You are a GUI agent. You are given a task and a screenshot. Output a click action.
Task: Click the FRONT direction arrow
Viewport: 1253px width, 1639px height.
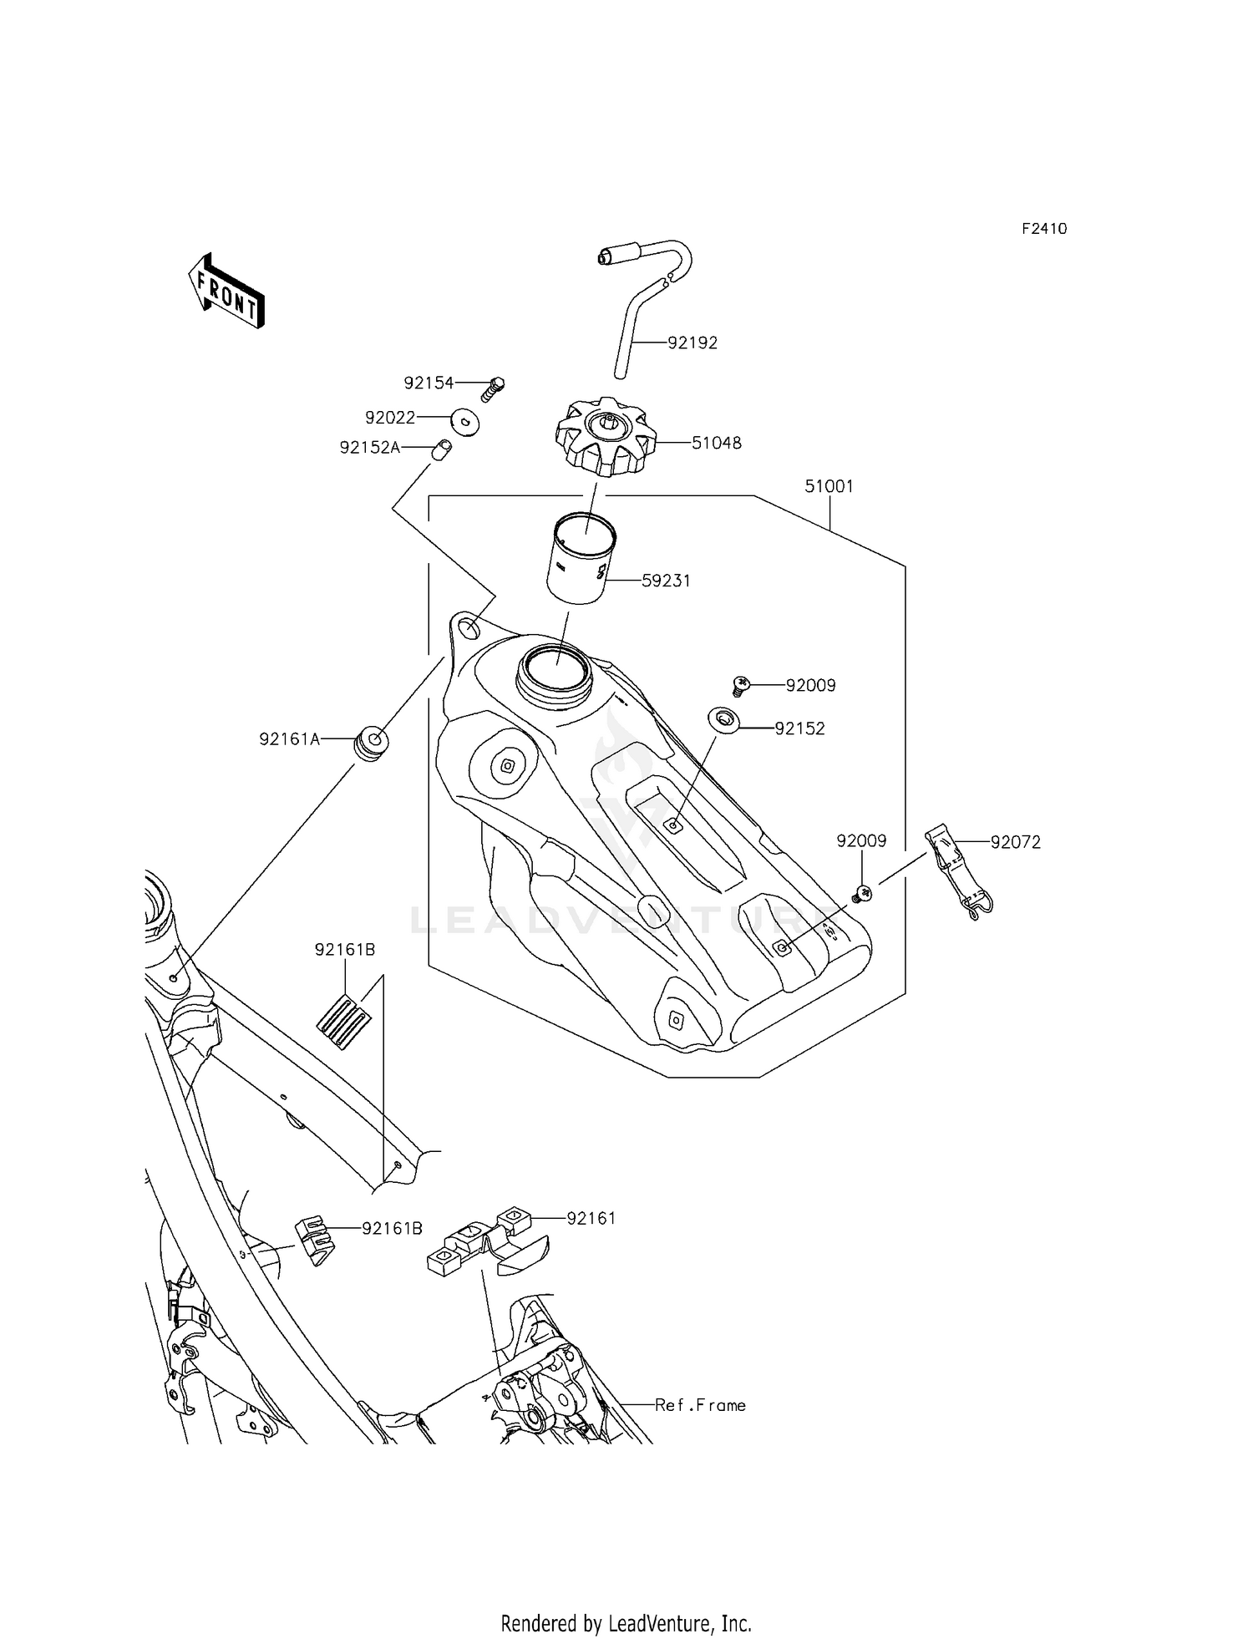(226, 290)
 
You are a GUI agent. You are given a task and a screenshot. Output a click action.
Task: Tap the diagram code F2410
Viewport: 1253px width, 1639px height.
(1043, 229)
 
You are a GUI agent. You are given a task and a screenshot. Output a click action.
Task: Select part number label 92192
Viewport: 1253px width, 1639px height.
(692, 343)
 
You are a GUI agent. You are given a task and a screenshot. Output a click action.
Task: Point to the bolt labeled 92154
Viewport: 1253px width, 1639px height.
(493, 388)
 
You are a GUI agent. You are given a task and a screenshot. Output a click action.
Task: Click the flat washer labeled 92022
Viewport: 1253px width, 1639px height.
(465, 421)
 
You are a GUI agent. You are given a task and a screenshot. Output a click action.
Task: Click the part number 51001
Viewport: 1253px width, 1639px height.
(829, 486)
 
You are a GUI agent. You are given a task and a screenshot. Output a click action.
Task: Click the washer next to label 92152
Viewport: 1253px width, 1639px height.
(723, 718)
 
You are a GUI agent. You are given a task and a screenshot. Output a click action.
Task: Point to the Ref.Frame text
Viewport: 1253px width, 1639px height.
(700, 1405)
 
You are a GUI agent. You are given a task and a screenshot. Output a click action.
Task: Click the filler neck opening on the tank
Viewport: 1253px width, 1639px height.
(555, 670)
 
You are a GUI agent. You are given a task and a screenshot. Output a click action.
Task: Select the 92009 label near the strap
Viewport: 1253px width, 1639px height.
(861, 841)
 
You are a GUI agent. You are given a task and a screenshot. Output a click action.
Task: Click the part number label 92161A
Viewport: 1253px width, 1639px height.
(289, 739)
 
